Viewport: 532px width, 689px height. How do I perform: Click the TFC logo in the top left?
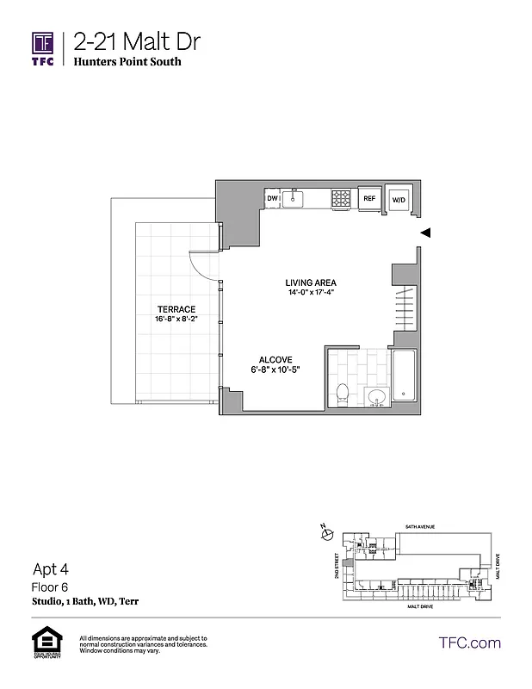pyautogui.click(x=43, y=49)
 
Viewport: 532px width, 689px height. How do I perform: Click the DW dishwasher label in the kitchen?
pyautogui.click(x=272, y=199)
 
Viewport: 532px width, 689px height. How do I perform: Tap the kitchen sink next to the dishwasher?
pyautogui.click(x=294, y=199)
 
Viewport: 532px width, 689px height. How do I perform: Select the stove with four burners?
pyautogui.click(x=341, y=198)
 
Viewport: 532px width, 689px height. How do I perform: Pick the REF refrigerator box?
pyautogui.click(x=369, y=199)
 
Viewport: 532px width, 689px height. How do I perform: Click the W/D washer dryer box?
pyautogui.click(x=399, y=199)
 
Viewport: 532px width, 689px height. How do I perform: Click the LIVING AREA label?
pyautogui.click(x=311, y=282)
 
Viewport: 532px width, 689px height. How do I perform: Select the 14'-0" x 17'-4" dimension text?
pyautogui.click(x=311, y=293)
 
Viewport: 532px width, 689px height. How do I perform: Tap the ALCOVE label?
pyautogui.click(x=276, y=360)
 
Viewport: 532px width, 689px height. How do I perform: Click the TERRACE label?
pyautogui.click(x=176, y=309)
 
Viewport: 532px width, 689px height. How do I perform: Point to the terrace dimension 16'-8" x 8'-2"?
pyautogui.click(x=176, y=320)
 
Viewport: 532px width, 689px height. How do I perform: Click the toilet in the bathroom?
pyautogui.click(x=342, y=393)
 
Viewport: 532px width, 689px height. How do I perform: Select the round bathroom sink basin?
pyautogui.click(x=375, y=397)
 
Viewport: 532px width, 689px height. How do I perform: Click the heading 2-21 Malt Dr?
pyautogui.click(x=139, y=41)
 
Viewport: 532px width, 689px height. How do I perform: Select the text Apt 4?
pyautogui.click(x=50, y=568)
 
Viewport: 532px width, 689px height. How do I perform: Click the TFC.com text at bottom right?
pyautogui.click(x=469, y=642)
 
